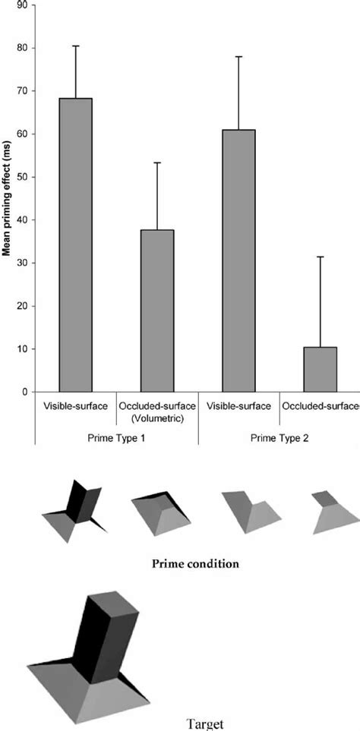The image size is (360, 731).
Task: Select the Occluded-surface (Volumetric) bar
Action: click(156, 310)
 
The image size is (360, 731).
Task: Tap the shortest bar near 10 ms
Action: click(321, 370)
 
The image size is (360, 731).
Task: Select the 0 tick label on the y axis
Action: click(24, 392)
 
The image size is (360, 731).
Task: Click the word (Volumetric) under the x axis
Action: click(156, 418)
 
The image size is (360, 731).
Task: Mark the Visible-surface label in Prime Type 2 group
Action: click(238, 407)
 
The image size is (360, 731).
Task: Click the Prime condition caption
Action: click(196, 564)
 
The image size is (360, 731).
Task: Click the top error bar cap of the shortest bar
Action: click(321, 257)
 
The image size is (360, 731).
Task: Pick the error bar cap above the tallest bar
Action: click(75, 46)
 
